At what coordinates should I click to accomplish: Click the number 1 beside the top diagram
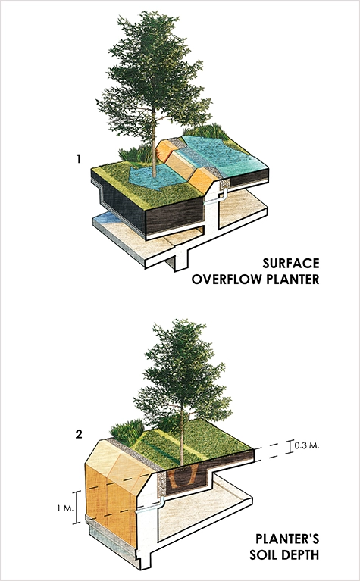coord(78,159)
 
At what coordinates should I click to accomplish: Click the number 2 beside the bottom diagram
coord(79,434)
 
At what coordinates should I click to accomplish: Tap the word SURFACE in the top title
coord(291,263)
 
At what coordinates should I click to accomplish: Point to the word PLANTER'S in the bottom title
coord(287,539)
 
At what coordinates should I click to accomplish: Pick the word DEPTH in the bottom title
coord(302,554)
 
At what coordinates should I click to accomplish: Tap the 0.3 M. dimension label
coord(307,445)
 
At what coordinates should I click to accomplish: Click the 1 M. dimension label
coord(65,508)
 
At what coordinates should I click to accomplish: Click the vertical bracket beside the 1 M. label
coord(77,508)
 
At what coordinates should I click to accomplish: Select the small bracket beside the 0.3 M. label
coord(290,446)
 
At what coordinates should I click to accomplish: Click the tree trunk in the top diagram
coord(153,148)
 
